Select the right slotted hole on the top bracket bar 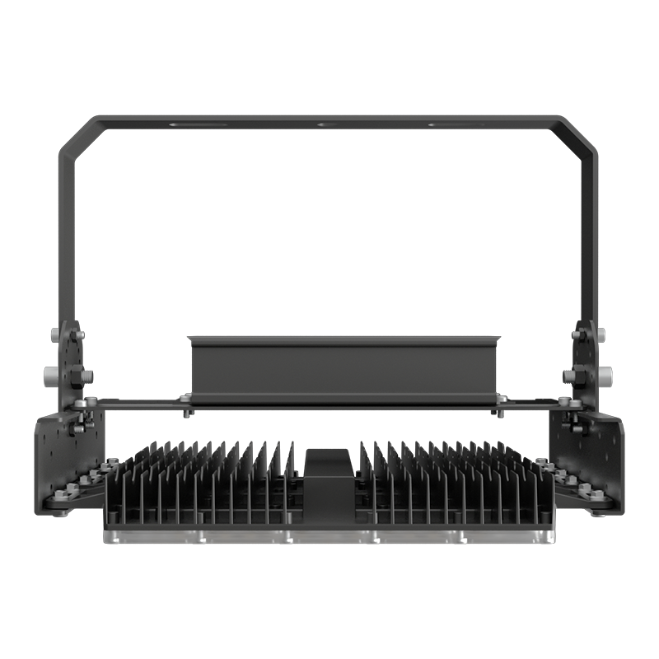pyautogui.click(x=454, y=125)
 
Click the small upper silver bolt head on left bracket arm pyautogui.click(x=56, y=334)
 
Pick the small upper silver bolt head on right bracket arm pyautogui.click(x=601, y=334)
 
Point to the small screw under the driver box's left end pyautogui.click(x=187, y=409)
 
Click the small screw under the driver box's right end pyautogui.click(x=500, y=409)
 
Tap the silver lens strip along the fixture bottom pyautogui.click(x=329, y=536)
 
